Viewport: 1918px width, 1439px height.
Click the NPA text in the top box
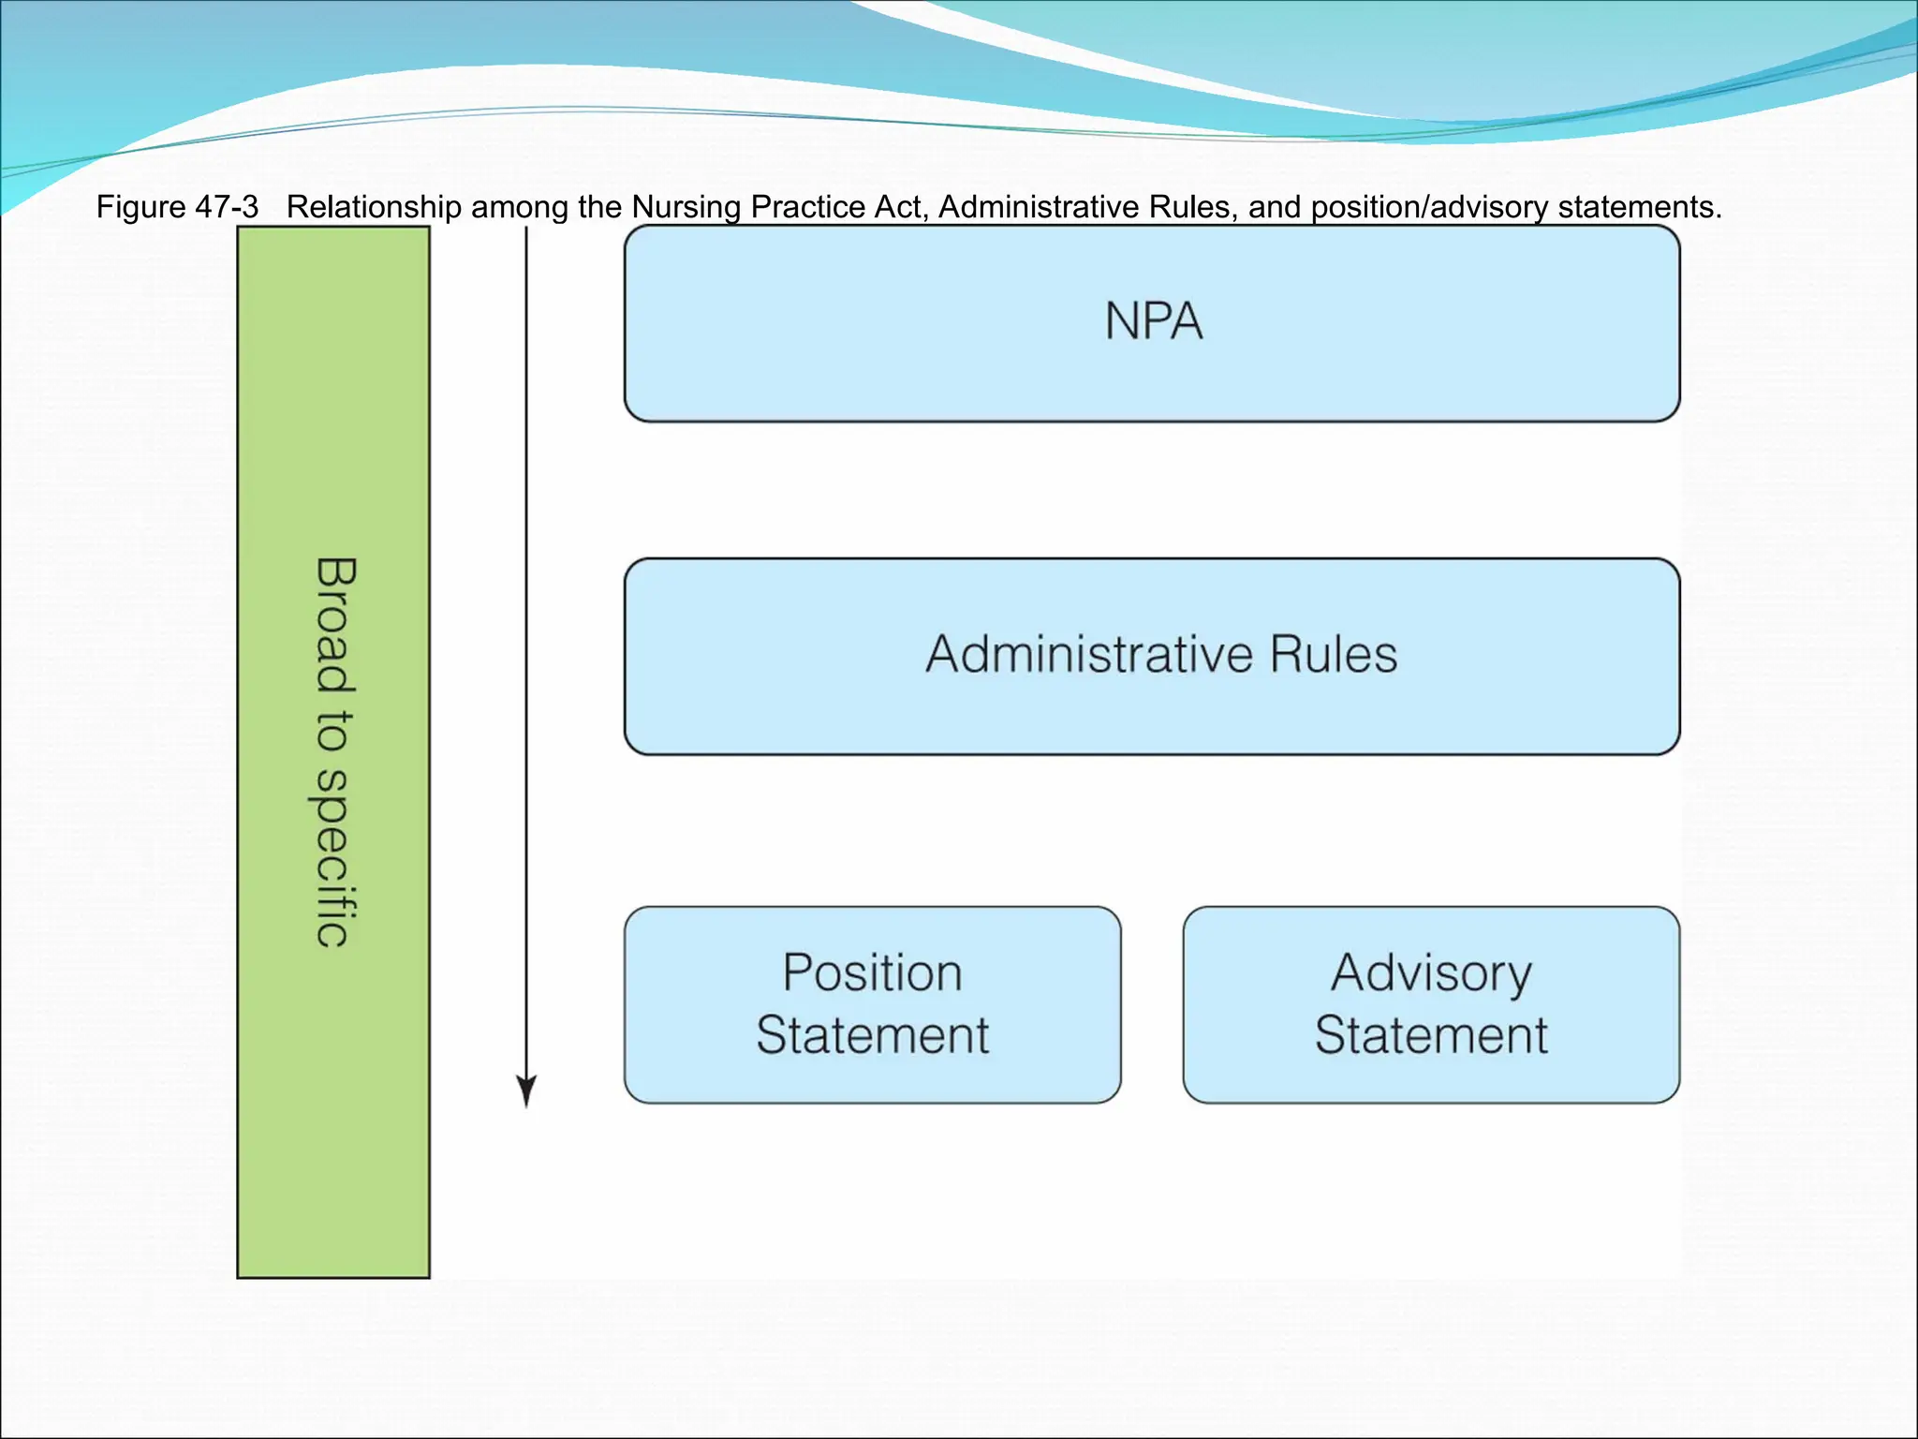[1153, 320]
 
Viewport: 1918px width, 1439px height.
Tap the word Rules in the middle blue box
[1334, 654]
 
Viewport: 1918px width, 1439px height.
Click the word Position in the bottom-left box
[872, 972]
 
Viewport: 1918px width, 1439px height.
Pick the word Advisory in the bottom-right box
[1431, 972]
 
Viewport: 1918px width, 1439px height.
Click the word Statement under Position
[872, 1035]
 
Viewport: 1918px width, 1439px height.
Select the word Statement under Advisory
[1431, 1035]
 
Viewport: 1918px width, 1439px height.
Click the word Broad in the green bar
[334, 625]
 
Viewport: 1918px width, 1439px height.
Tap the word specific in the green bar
[334, 858]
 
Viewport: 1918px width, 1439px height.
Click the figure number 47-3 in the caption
[227, 207]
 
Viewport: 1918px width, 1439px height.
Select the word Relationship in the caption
[374, 207]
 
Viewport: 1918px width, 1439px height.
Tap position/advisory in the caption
[1429, 207]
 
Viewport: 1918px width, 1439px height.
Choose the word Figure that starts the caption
[141, 207]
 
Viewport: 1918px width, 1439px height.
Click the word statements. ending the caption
[1640, 207]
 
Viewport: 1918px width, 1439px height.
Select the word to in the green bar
[334, 732]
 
